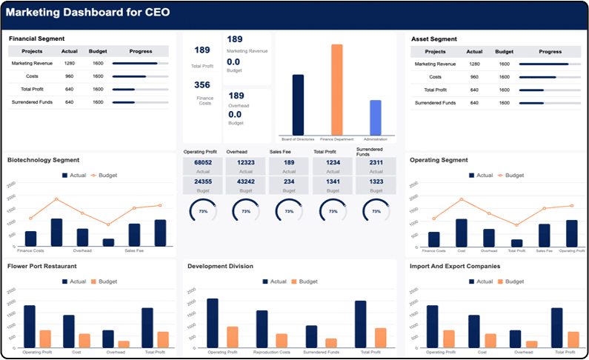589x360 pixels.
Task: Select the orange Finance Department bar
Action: [x=337, y=89]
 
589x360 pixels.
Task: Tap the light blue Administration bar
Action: [x=376, y=117]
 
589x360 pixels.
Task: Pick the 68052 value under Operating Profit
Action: [x=203, y=162]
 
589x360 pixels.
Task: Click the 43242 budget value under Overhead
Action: [x=246, y=181]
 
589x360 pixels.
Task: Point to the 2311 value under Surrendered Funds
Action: [x=376, y=162]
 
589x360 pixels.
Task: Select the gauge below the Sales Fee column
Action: [x=290, y=211]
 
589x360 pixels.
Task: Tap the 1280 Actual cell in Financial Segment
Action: [x=70, y=64]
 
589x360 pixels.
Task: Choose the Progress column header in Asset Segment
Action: [x=550, y=52]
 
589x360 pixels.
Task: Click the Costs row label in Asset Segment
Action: [x=436, y=77]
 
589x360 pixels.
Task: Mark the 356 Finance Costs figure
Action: [x=202, y=85]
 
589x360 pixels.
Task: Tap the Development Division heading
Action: [x=220, y=266]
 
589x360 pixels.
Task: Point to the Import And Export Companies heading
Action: [x=454, y=266]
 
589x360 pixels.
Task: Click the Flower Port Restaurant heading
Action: [x=42, y=266]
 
